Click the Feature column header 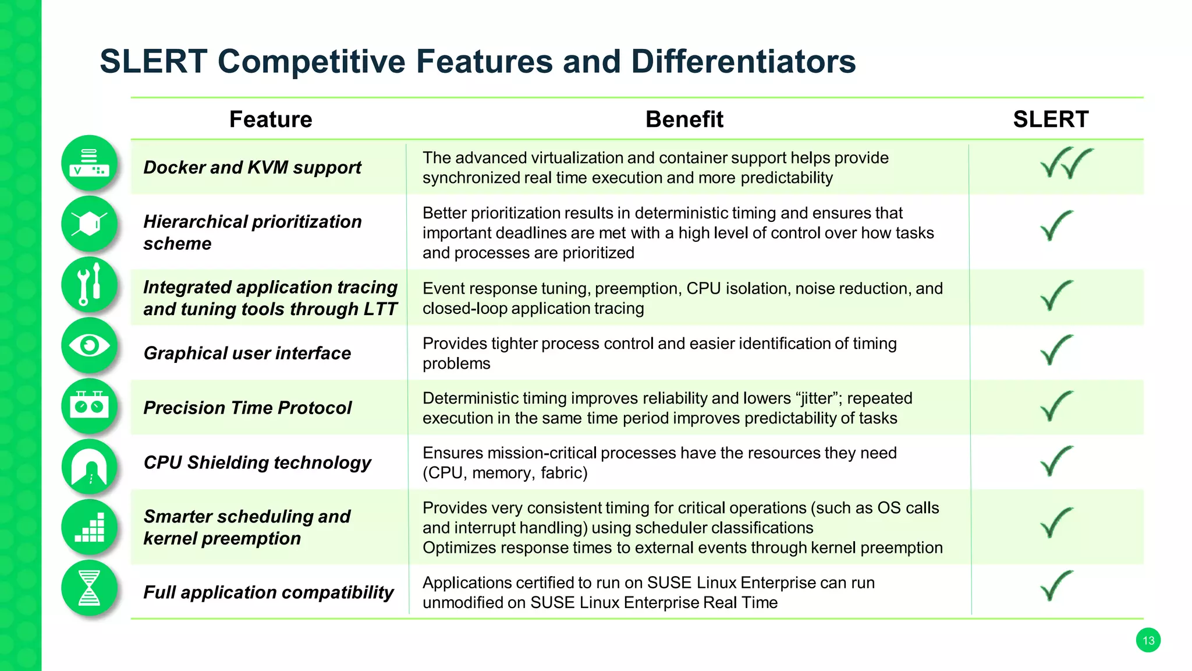pos(271,119)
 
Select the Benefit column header pos(684,119)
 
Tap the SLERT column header pos(1051,119)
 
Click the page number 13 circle pos(1148,641)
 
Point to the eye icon pos(89,346)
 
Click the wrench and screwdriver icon pos(89,285)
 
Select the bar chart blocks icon pos(89,527)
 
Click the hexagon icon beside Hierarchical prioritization pos(89,224)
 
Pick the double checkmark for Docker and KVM pos(1066,163)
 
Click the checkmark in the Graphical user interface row pos(1056,350)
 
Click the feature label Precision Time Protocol pos(247,408)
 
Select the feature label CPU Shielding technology pos(257,462)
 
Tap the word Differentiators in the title pos(743,61)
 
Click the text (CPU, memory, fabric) pos(505,473)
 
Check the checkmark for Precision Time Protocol pos(1056,406)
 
